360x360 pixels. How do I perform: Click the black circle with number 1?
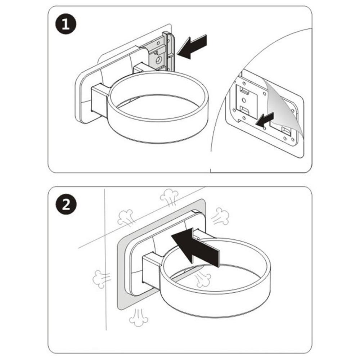click(x=66, y=26)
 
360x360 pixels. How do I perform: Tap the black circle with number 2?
click(x=66, y=205)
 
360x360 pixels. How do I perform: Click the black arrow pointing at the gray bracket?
click(x=193, y=46)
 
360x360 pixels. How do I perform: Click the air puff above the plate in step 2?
click(x=169, y=198)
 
